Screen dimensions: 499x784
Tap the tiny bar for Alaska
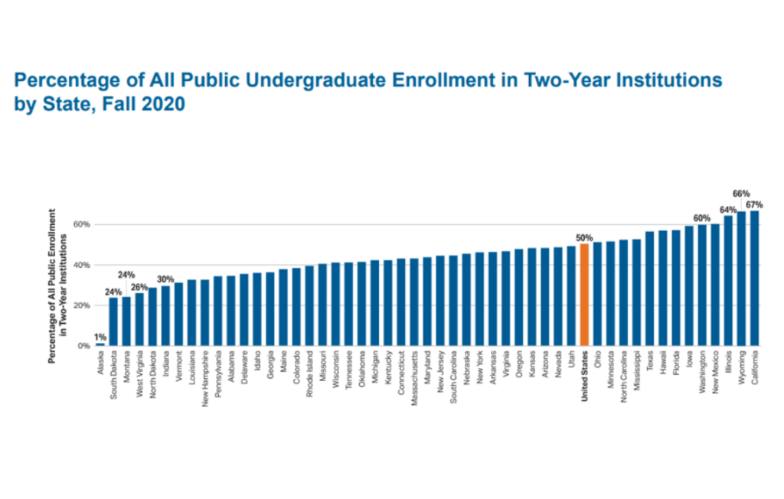[100, 344]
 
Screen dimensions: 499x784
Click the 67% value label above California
[755, 204]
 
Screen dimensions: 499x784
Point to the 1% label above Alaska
[100, 338]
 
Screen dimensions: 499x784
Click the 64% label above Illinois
[728, 210]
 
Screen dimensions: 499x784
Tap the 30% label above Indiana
[165, 279]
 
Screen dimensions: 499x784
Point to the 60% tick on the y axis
[81, 225]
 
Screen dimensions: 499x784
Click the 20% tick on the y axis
[81, 305]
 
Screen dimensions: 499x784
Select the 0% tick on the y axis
[83, 346]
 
